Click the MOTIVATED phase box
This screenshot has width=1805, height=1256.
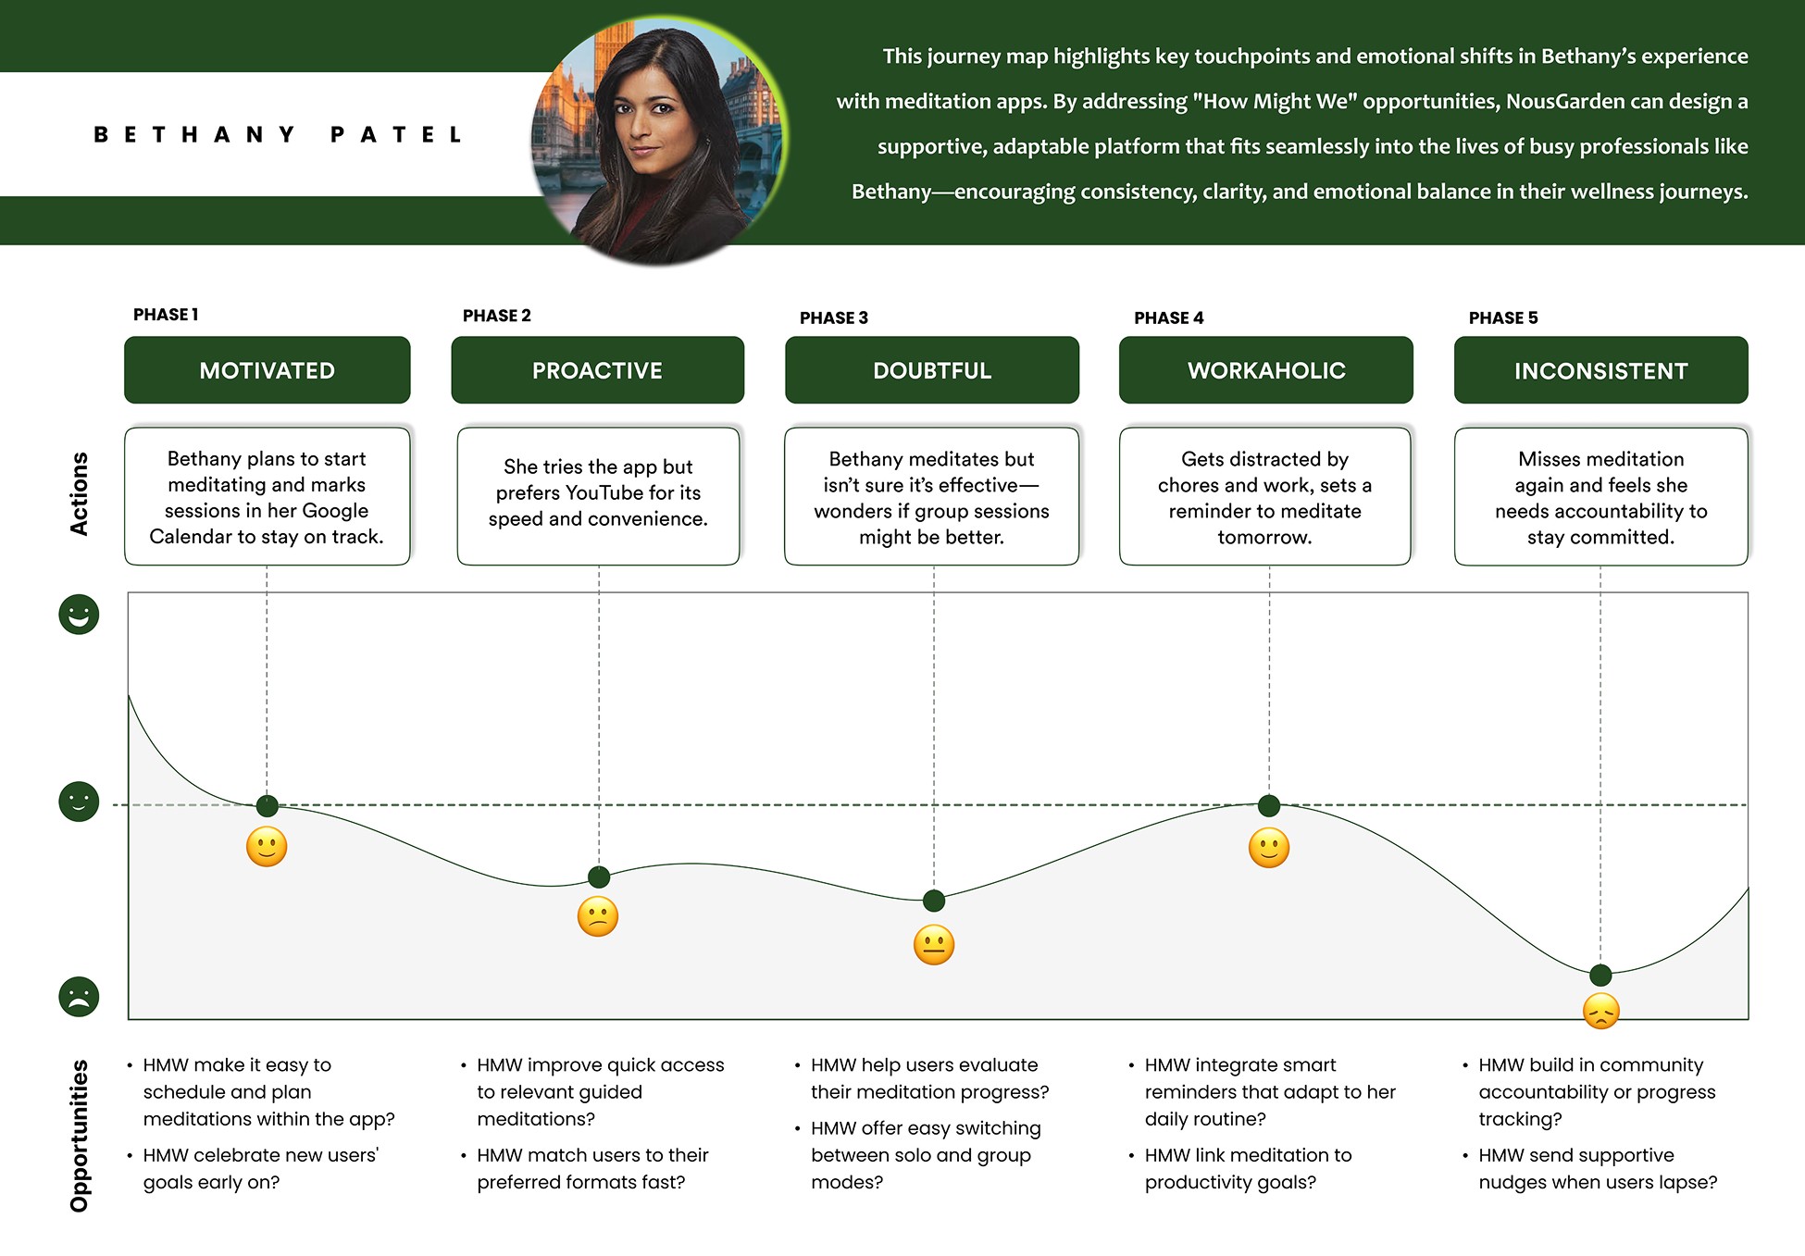[267, 370]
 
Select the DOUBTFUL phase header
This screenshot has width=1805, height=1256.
[931, 370]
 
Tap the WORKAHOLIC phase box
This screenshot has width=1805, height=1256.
[1265, 370]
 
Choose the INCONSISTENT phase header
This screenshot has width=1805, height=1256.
[1600, 370]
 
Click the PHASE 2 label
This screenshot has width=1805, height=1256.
[497, 316]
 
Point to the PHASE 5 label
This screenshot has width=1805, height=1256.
[1502, 317]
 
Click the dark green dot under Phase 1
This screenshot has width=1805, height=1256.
[267, 805]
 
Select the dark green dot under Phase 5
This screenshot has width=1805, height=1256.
[1600, 975]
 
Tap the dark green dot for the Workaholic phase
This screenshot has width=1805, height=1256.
[1269, 805]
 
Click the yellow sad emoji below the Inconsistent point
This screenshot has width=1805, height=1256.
[1600, 1011]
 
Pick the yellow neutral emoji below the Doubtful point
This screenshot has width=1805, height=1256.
[933, 945]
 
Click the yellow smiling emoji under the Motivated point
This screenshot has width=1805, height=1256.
[267, 847]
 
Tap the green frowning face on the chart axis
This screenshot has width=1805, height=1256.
[79, 997]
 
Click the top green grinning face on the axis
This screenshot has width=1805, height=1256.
[79, 614]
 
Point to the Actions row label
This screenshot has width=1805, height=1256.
[80, 493]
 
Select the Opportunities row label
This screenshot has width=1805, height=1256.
[80, 1136]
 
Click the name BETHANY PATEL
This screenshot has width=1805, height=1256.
[278, 135]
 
